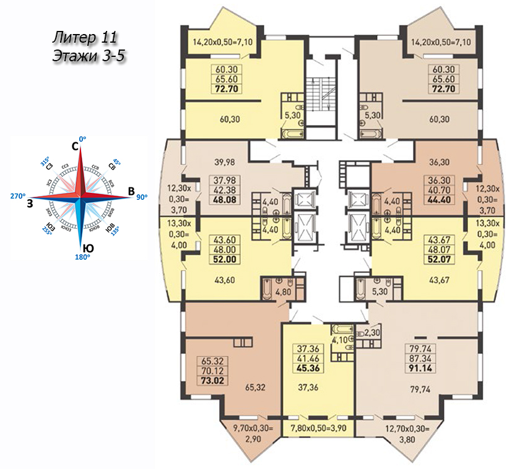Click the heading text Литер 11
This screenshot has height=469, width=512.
click(x=84, y=37)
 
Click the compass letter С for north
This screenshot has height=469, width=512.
click(x=75, y=147)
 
